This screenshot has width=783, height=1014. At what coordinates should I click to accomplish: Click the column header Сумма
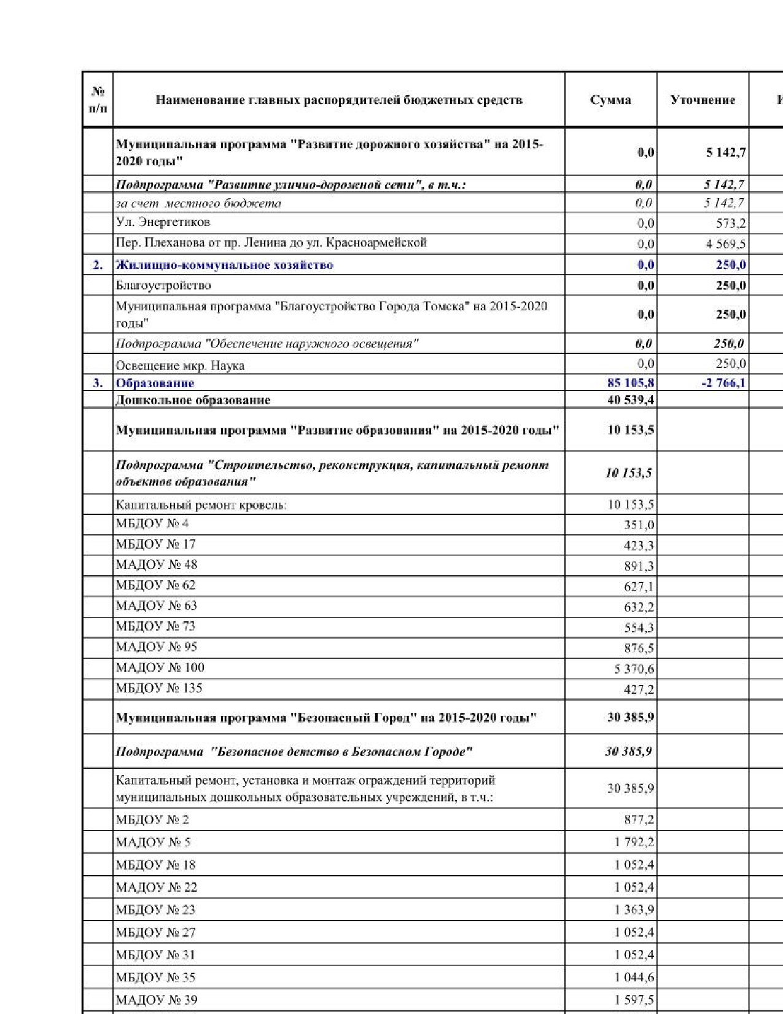(610, 100)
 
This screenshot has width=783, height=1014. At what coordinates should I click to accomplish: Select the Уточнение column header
(703, 100)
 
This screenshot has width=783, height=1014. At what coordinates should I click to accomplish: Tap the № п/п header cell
(98, 100)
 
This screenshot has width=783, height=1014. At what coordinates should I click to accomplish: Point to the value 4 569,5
(726, 244)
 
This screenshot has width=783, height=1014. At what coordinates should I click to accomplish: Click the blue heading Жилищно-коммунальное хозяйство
(225, 265)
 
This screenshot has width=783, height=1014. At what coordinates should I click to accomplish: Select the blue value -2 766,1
(723, 383)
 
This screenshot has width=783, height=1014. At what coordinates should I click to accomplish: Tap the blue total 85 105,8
(631, 383)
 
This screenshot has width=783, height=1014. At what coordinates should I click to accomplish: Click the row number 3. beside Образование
(98, 383)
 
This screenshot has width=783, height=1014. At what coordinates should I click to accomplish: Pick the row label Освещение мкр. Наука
(180, 366)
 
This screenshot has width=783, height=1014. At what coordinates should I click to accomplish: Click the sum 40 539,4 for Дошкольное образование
(631, 400)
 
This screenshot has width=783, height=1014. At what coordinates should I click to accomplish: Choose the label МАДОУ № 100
(160, 667)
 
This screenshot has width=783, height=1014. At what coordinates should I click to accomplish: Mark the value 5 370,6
(634, 669)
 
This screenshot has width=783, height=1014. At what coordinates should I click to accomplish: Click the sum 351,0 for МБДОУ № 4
(639, 525)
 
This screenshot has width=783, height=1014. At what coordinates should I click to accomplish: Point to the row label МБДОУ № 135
(159, 688)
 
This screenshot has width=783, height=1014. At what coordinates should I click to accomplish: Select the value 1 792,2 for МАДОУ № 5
(634, 842)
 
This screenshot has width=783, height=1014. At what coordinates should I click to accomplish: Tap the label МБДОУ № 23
(155, 910)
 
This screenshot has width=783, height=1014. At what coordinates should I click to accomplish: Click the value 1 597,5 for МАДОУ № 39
(634, 1000)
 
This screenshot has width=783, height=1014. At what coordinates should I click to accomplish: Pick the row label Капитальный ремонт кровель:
(201, 505)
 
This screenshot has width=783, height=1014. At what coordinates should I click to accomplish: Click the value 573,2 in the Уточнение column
(731, 223)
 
